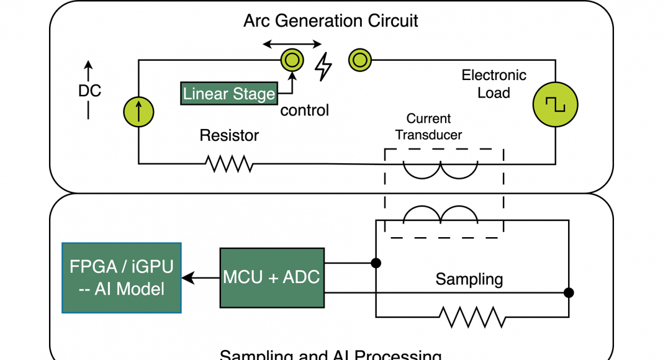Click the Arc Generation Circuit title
[330, 20]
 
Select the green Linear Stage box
[229, 94]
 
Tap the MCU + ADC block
[271, 277]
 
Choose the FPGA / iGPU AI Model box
[121, 277]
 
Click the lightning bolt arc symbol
[323, 66]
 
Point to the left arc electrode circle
[292, 60]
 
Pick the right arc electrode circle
[359, 60]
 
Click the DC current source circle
[138, 112]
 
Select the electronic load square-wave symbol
[555, 104]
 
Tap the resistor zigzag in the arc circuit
[229, 164]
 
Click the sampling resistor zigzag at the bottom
[472, 317]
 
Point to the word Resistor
[229, 135]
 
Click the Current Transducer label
[428, 127]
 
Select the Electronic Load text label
[494, 84]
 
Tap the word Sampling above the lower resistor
[469, 279]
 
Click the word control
[304, 111]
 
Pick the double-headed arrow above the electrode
[292, 44]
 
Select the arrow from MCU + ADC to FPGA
[201, 277]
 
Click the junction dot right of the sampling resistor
[568, 292]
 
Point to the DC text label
[89, 91]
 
